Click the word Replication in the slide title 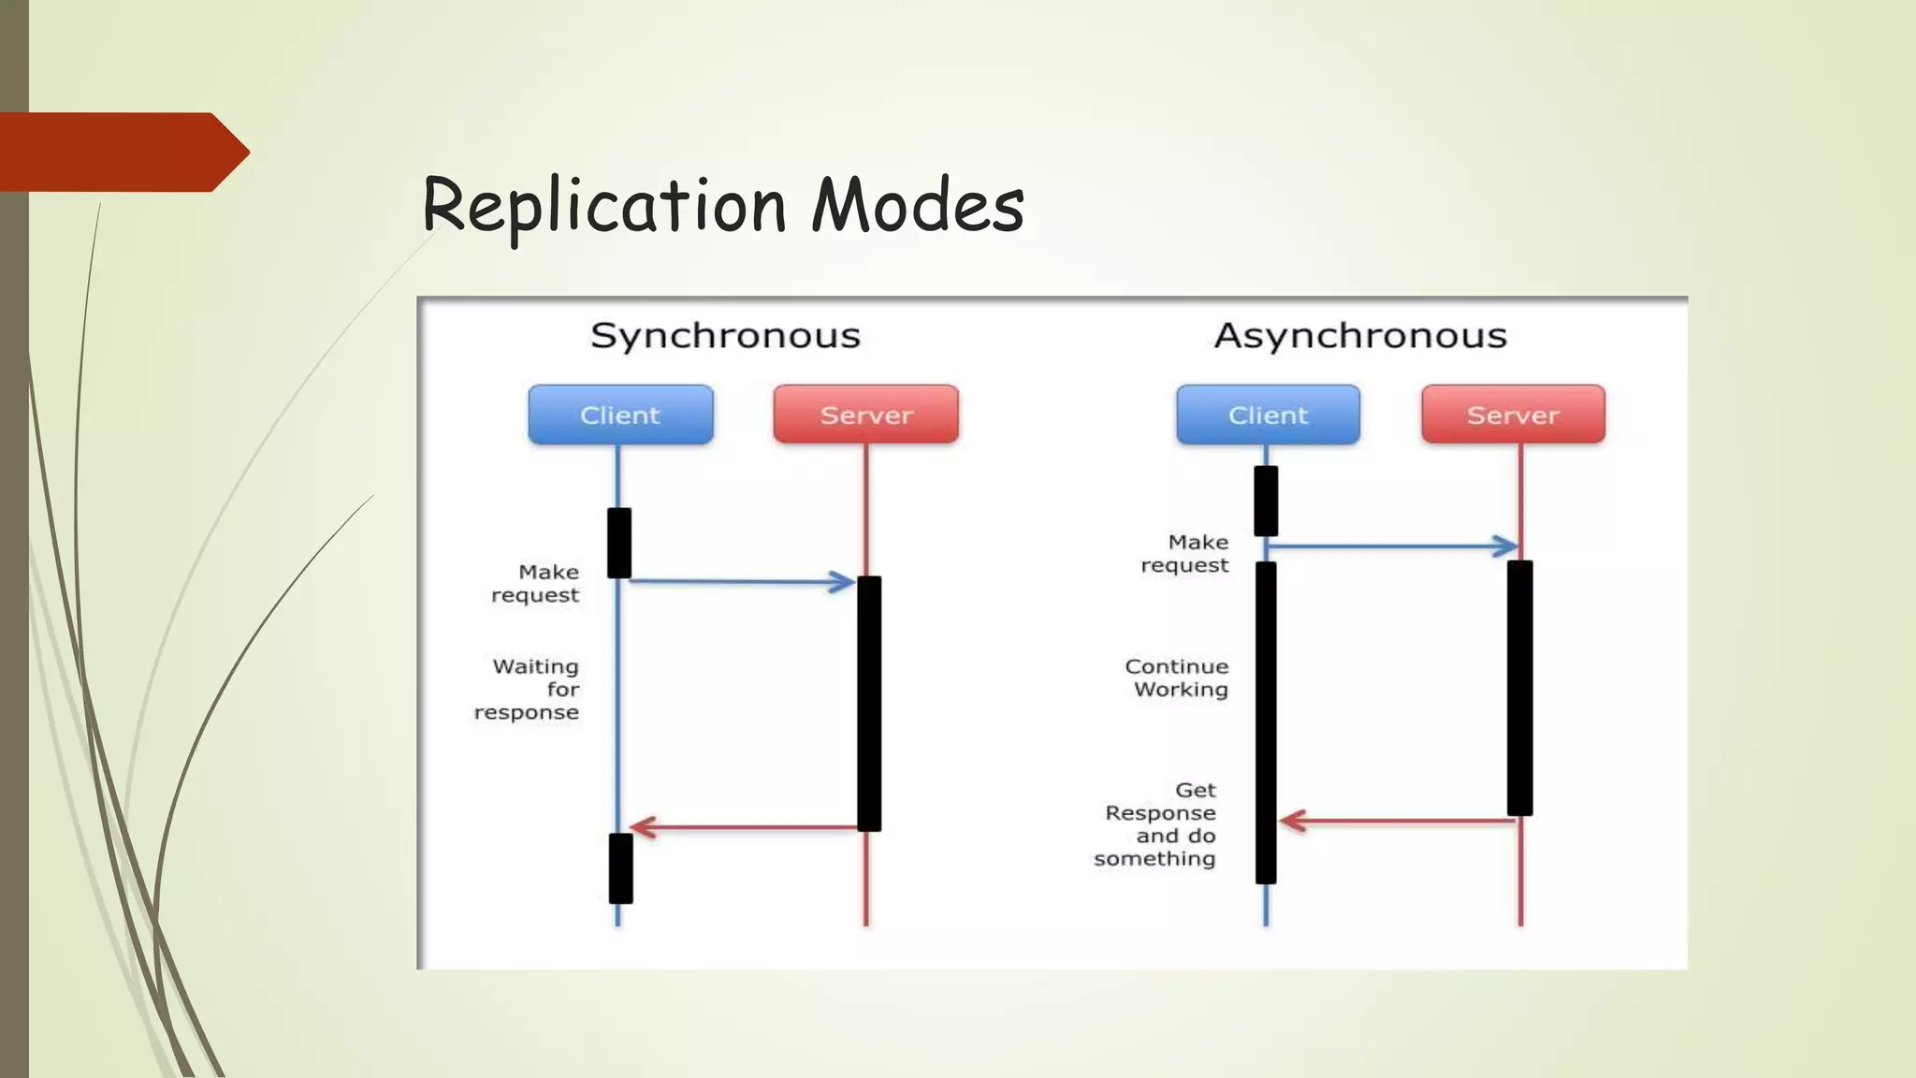[x=603, y=205]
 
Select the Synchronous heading [x=725, y=336]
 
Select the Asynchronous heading [x=1360, y=336]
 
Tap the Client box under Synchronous [x=620, y=415]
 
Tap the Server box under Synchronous [x=865, y=415]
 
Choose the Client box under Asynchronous [x=1268, y=415]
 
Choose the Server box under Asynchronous [x=1513, y=415]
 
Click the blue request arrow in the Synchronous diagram [x=739, y=582]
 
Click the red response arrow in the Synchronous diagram [x=744, y=827]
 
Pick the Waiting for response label [x=528, y=690]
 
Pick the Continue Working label [x=1177, y=678]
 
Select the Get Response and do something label [x=1156, y=824]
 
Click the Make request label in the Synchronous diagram [x=536, y=584]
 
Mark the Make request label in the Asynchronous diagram [x=1185, y=554]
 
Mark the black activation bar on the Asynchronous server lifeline [x=1519, y=688]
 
